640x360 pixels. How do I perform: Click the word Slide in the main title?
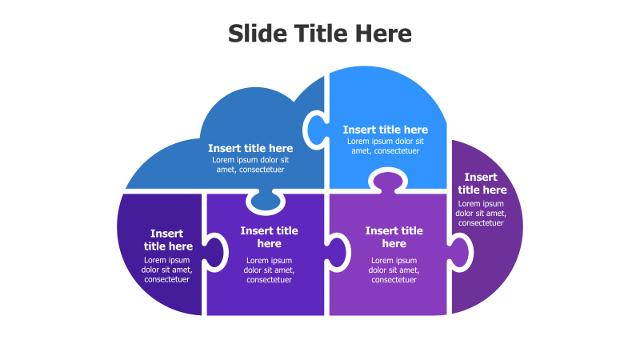click(258, 34)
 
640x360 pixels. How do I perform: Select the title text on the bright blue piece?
click(386, 130)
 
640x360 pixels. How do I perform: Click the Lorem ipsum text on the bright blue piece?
click(386, 146)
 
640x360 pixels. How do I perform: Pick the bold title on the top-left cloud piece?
click(250, 148)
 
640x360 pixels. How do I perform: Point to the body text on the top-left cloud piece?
click(250, 165)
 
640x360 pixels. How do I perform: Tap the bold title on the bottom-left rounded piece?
click(167, 239)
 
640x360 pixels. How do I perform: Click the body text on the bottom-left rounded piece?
click(166, 270)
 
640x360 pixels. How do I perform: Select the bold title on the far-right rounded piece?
click(482, 183)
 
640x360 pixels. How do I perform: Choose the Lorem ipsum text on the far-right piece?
click(481, 213)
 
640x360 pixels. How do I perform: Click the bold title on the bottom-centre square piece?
click(269, 237)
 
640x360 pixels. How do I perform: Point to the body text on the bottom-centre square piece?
click(269, 270)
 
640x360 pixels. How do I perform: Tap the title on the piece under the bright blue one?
click(394, 237)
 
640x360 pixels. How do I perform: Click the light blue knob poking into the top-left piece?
click(317, 130)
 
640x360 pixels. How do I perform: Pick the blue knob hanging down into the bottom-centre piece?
click(266, 202)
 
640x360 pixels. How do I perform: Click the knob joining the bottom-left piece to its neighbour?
click(214, 252)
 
